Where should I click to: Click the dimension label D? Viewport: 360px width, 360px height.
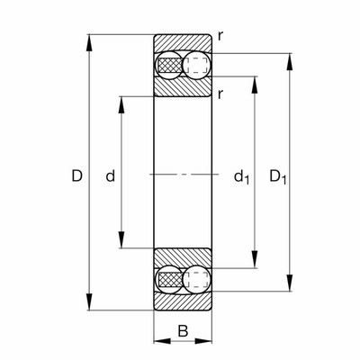76,175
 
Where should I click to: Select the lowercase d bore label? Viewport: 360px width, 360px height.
111,175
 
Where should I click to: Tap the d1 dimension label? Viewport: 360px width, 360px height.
241,176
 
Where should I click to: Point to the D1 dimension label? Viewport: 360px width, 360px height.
278,176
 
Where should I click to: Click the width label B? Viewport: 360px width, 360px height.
183,331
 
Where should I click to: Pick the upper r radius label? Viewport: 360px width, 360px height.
220,37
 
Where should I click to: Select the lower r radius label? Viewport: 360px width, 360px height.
220,94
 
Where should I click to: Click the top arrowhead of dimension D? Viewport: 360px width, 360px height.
89,43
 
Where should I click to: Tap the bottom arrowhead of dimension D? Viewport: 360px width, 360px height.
89,301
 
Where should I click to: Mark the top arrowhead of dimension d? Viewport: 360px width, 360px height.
121,104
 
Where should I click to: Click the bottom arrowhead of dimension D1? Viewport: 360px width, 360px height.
290,283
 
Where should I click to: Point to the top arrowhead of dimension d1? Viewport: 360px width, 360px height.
255,85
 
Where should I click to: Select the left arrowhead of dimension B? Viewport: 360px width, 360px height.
162,341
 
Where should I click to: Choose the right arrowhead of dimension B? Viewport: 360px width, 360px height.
203,341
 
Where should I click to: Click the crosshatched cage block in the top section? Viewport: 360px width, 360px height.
170,65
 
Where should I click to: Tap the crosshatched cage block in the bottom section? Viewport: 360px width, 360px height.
170,280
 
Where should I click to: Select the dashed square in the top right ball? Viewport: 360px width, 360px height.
196,65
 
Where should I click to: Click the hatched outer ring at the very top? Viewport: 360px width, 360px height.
183,42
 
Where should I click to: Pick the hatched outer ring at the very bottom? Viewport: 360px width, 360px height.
183,301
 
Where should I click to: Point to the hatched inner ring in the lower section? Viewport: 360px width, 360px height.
183,256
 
